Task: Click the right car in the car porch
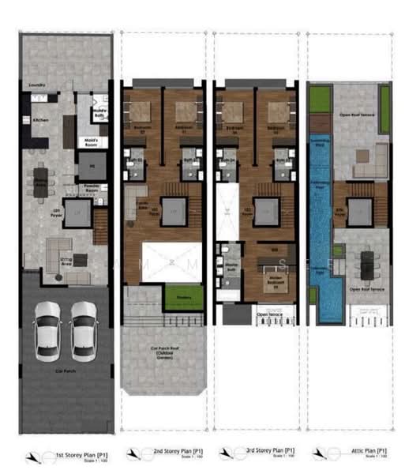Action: tap(83, 328)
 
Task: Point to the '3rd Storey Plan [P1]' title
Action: tap(266, 450)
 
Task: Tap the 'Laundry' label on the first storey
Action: tap(36, 85)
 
